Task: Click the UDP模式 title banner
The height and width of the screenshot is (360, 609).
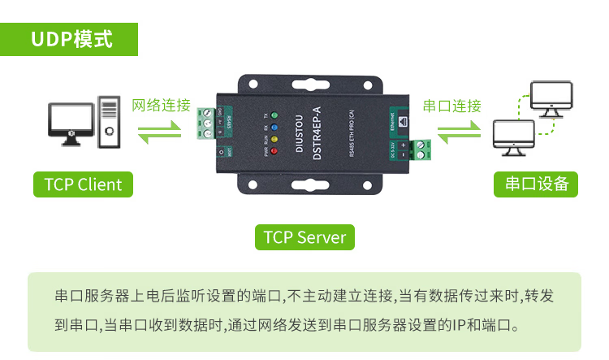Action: point(71,38)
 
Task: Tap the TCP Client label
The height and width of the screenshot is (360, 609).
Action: point(83,184)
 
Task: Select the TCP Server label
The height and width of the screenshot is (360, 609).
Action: point(304,237)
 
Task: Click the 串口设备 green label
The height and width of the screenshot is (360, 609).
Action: point(536,184)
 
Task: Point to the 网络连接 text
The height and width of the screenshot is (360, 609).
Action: point(161,106)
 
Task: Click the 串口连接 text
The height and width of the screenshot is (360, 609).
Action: point(452,106)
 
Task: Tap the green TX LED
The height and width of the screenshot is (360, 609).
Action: point(274,117)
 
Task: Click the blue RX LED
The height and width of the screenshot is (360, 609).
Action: point(274,128)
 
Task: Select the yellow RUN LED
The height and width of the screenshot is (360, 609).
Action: point(274,139)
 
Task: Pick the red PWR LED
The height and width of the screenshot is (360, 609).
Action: point(274,150)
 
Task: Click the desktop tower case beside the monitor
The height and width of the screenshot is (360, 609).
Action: point(109,122)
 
